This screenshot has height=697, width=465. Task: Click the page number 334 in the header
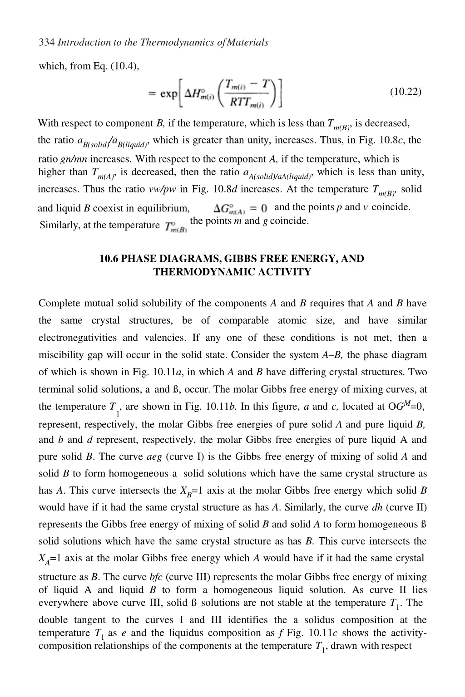47,43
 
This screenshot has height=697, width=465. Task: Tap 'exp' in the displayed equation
168,93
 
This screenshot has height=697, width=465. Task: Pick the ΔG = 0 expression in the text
240,209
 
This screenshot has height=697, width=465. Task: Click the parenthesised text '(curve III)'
188,577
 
